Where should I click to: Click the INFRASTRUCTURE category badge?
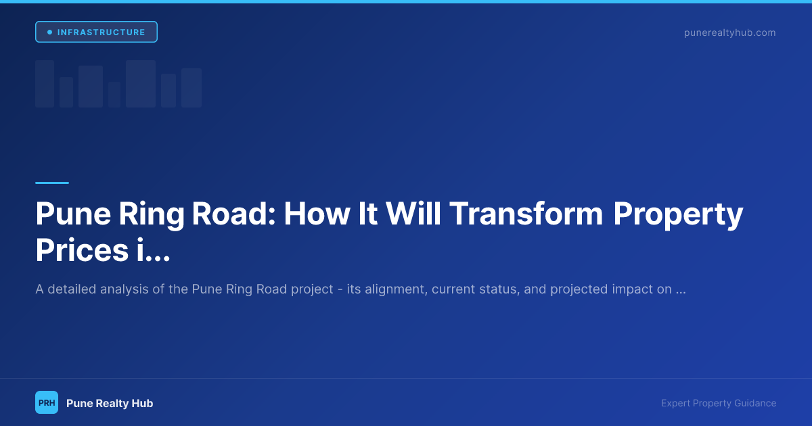point(96,32)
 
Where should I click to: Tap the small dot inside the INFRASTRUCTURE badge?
point(49,32)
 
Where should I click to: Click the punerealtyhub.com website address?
point(729,32)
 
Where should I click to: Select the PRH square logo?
point(47,402)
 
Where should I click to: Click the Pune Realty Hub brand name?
point(110,403)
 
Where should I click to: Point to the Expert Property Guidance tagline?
point(719,403)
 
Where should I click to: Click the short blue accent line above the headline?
point(52,183)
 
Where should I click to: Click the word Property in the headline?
point(678,216)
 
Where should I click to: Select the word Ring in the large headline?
point(152,216)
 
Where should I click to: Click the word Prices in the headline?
point(82,250)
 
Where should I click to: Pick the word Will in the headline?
point(413,214)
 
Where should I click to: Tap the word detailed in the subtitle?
point(72,289)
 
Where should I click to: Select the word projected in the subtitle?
point(579,289)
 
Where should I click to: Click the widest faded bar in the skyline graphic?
point(141,84)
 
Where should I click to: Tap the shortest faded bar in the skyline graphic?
point(114,95)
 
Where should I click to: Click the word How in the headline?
point(317,214)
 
